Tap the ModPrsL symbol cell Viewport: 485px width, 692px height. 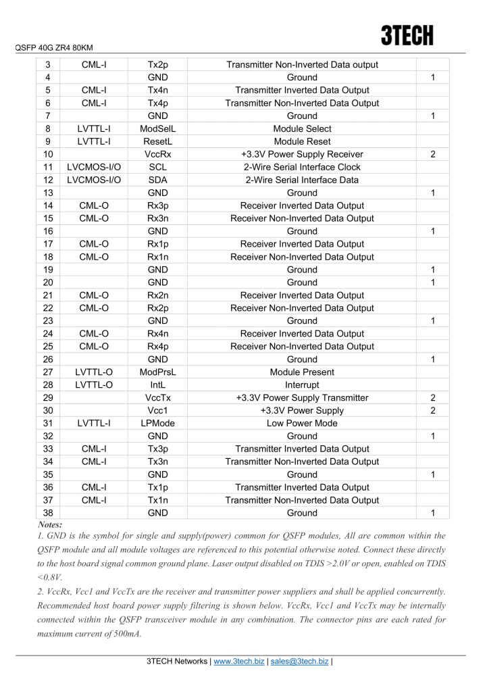tap(157, 372)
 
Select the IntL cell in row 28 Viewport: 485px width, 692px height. tap(157, 385)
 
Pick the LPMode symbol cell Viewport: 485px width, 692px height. tap(157, 423)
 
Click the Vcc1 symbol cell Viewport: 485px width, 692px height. tap(157, 410)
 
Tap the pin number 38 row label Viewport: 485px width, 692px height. tap(47, 513)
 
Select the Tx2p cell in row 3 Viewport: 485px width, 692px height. tap(157, 64)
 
